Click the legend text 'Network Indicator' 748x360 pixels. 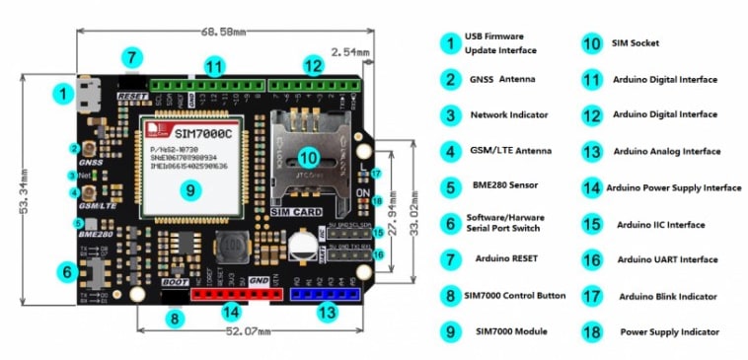[509, 115]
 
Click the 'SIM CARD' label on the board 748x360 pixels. [293, 209]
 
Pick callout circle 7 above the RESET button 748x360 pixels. [132, 57]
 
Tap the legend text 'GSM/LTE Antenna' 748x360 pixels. [511, 152]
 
